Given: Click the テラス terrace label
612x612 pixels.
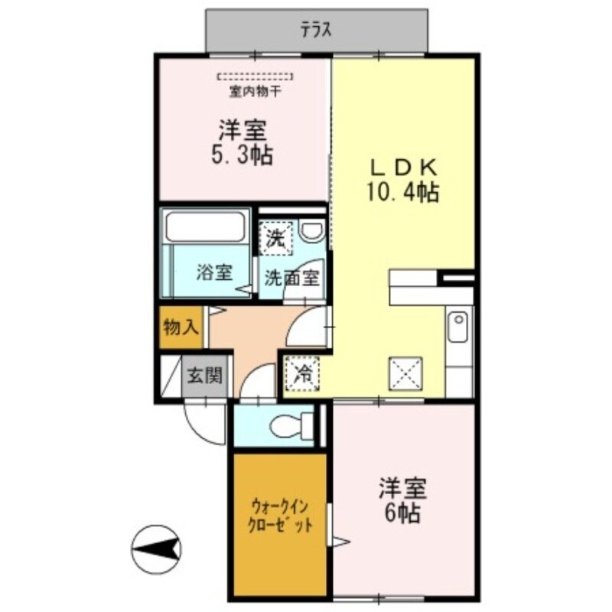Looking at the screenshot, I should coord(314,31).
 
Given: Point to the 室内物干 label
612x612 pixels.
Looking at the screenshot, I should coord(255,93).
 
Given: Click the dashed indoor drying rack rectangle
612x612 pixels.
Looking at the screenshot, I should coord(255,77).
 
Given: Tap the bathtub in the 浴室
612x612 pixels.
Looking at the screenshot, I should coord(205,227).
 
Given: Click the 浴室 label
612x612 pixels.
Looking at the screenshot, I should coord(213,272).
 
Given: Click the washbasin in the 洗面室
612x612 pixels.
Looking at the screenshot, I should coord(311,230).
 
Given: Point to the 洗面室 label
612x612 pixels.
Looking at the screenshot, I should coord(291,278).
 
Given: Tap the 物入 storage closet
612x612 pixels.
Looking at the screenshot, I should coord(181,328).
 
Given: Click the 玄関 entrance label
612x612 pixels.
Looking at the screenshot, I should coord(206,376).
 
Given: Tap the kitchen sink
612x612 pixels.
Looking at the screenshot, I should coord(457,327).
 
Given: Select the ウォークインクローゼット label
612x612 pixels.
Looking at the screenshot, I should coord(281,516).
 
